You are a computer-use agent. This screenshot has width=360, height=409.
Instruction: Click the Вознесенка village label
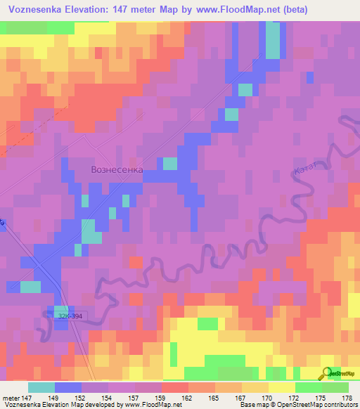(x=117, y=170)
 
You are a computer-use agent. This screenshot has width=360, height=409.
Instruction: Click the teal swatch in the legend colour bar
(x=41, y=387)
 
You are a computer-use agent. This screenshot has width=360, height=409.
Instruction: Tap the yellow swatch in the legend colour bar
(x=281, y=387)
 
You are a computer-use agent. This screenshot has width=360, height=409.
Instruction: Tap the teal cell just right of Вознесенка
(x=170, y=164)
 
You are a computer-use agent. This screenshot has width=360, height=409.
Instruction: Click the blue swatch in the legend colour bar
(x=67, y=387)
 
